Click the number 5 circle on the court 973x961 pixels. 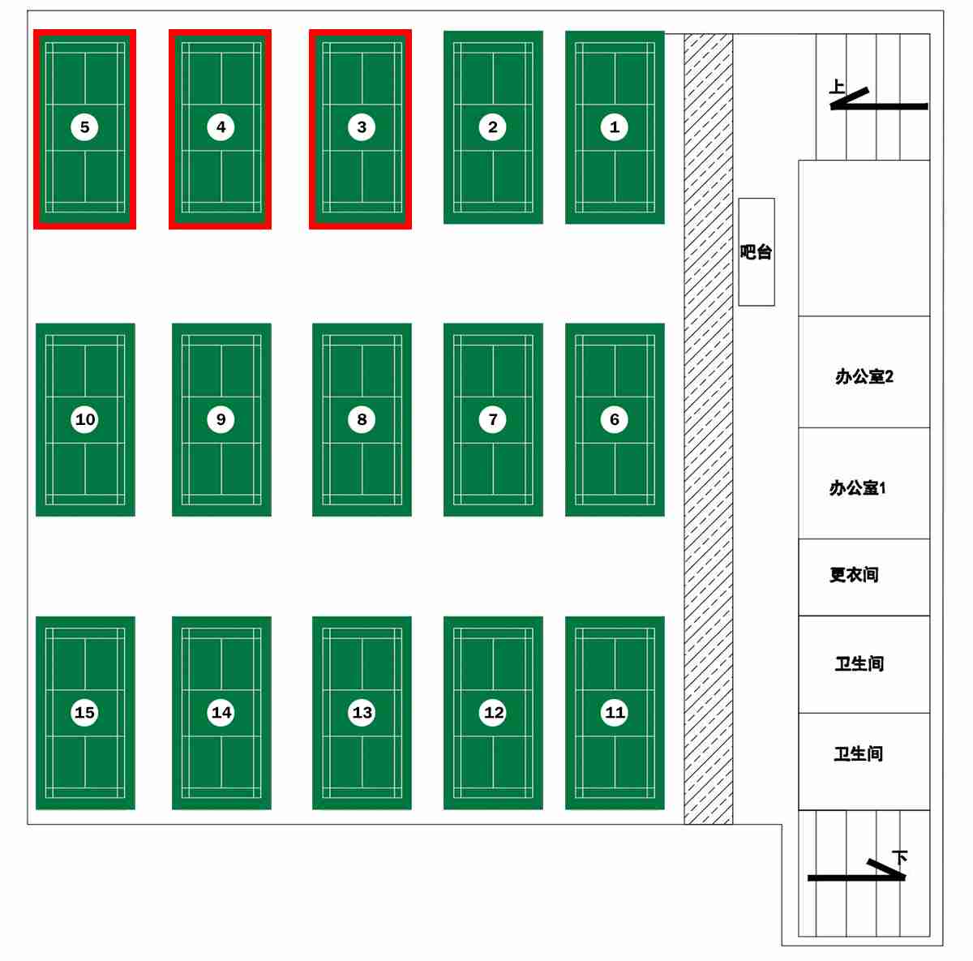pos(84,127)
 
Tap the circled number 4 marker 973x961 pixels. pos(221,127)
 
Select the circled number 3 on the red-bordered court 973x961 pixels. pos(362,127)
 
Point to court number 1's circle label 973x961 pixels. pos(614,127)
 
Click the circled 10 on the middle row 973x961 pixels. pos(84,419)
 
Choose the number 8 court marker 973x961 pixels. pos(362,419)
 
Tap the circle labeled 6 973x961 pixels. pos(614,419)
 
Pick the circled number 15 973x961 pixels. pos(84,712)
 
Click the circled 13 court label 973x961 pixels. pos(362,712)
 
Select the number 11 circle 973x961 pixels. pos(615,712)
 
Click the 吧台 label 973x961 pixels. pos(756,252)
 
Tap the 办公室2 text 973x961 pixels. pos(864,376)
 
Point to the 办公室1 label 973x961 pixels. pos(857,487)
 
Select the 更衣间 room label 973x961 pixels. pos(854,574)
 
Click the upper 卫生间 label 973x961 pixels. pos(859,663)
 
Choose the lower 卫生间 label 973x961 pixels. pos(859,753)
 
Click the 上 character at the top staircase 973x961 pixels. pos(837,86)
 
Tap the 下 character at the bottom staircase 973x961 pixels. pos(899,857)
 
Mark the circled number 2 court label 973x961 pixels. pos(493,127)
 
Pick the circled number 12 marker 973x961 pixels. pos(493,712)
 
